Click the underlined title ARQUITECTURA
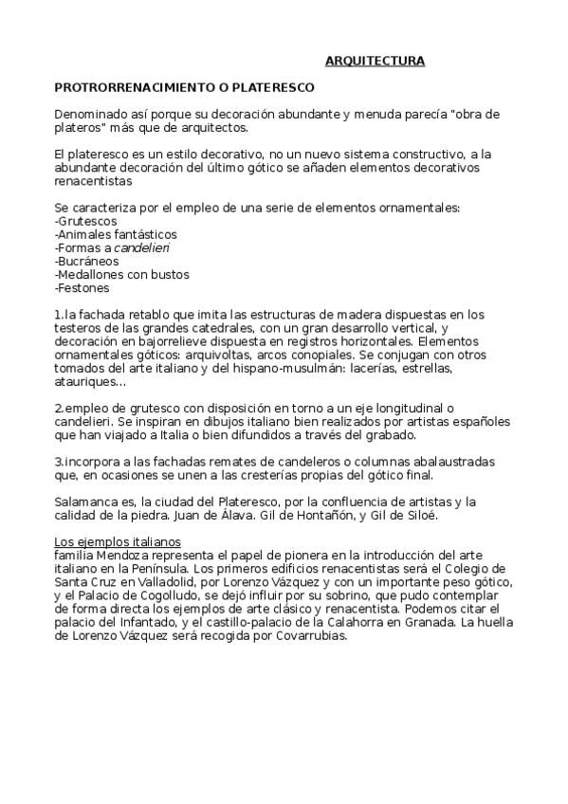(x=375, y=62)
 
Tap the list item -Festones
(x=82, y=287)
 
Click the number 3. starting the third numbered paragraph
(x=59, y=461)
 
